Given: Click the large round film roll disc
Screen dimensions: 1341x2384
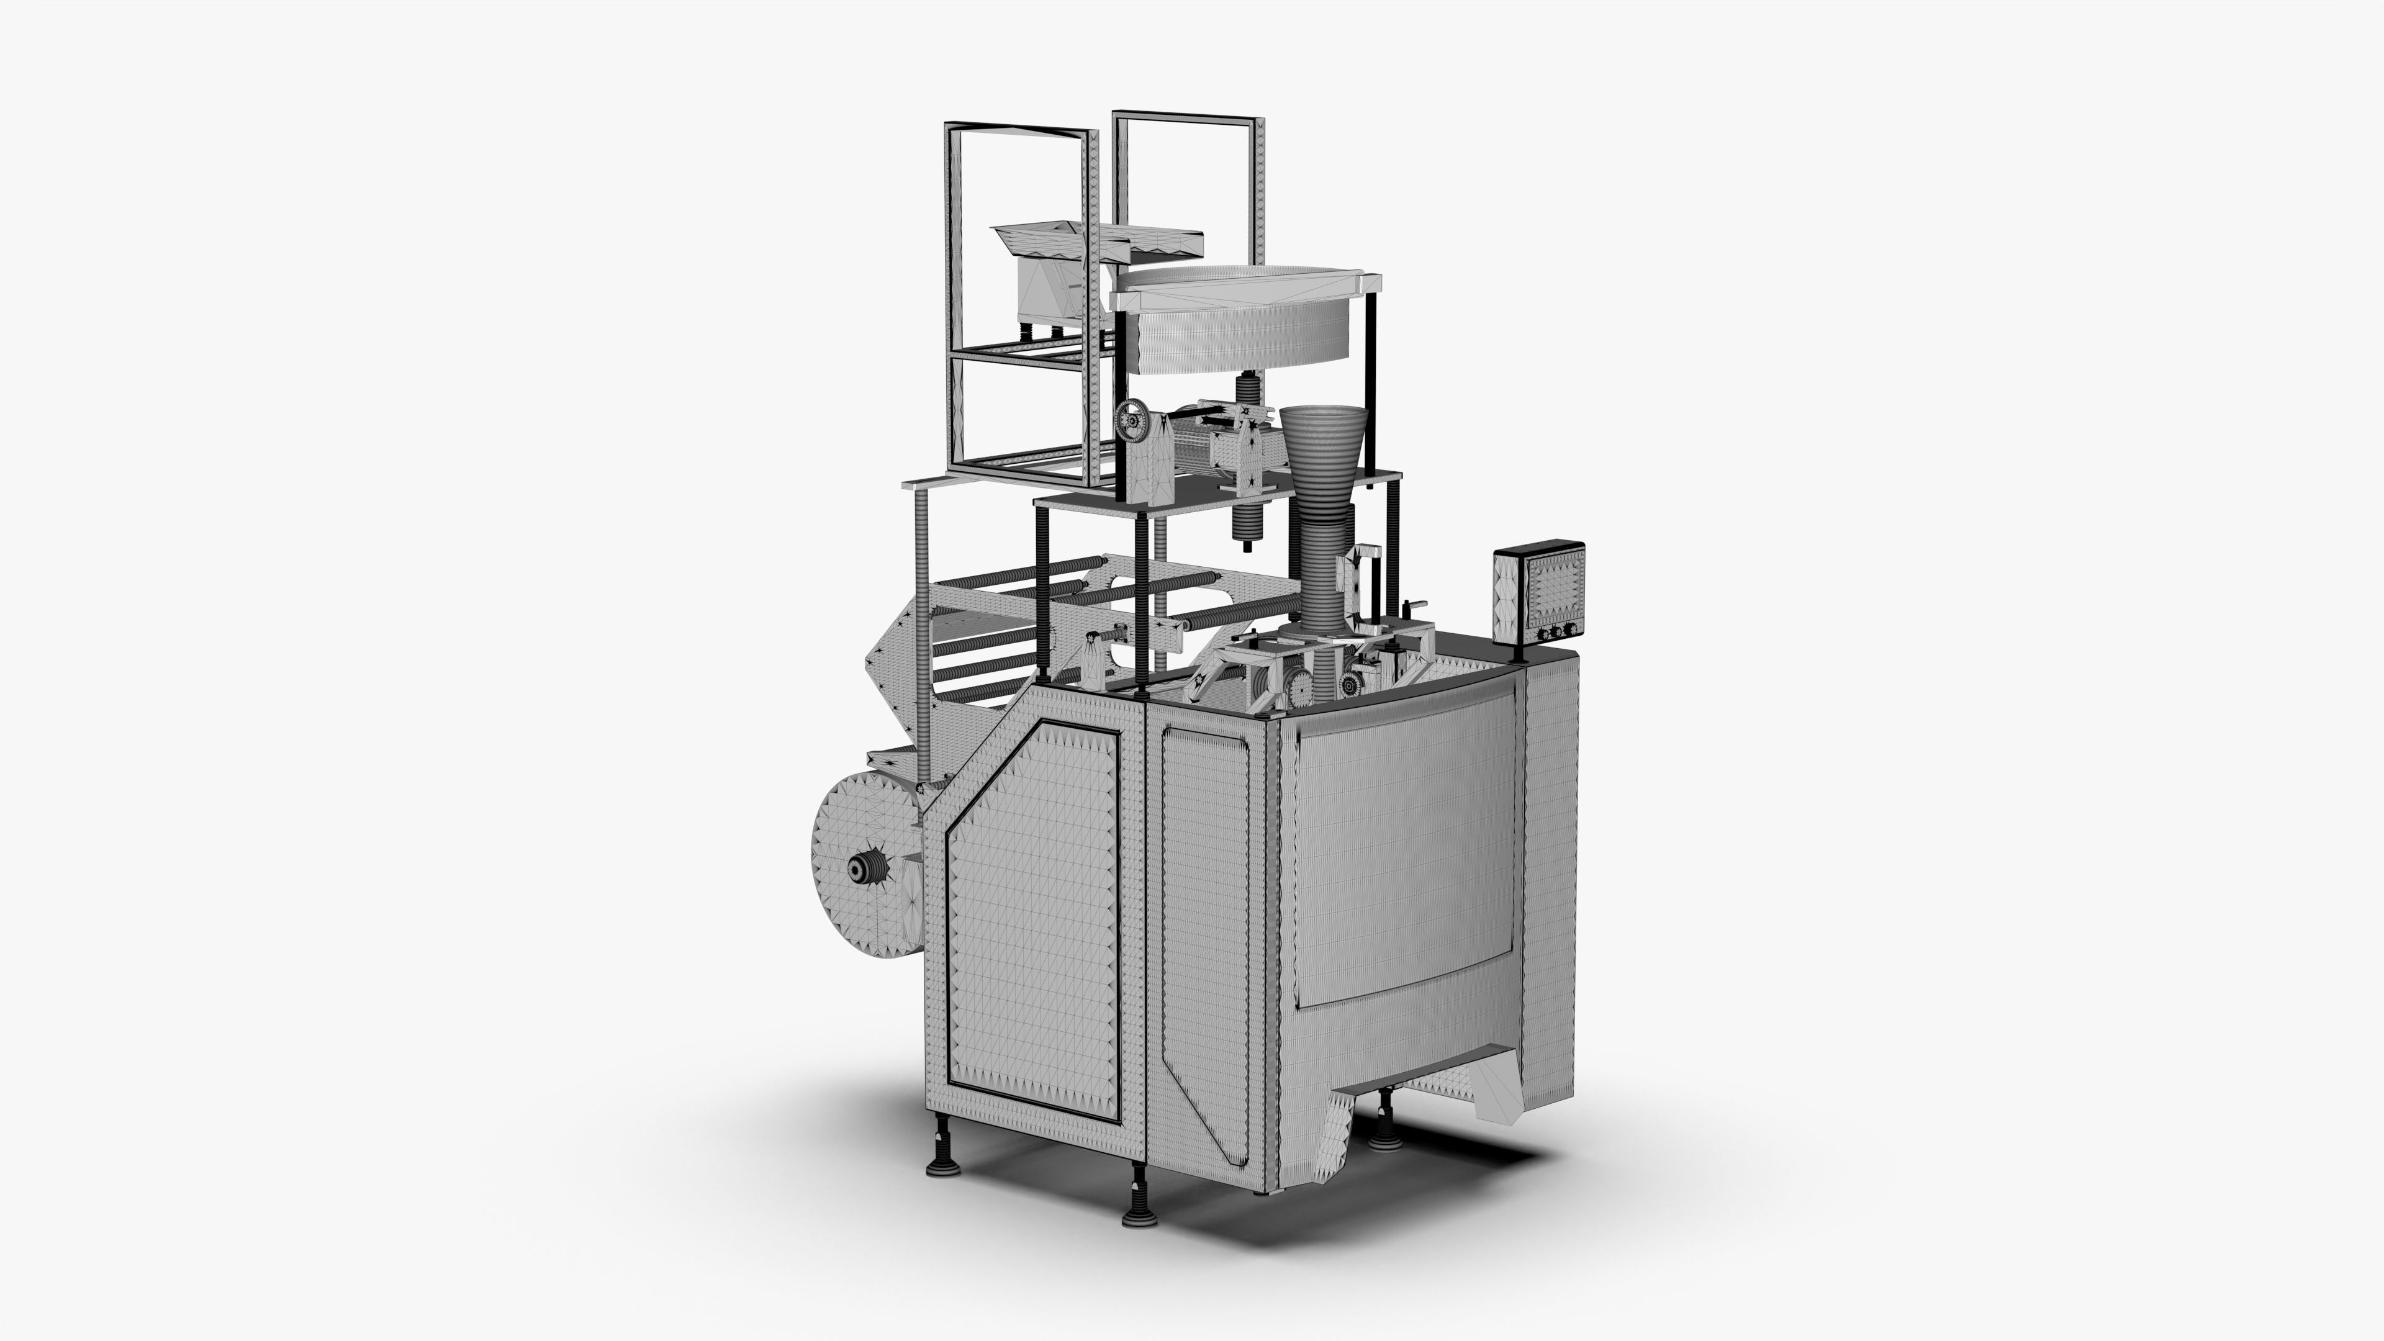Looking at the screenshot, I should click(x=868, y=870).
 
